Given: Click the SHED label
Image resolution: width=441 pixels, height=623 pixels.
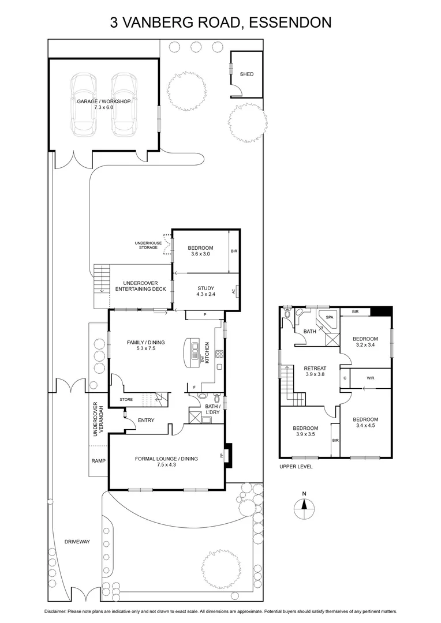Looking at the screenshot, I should pyautogui.click(x=246, y=74).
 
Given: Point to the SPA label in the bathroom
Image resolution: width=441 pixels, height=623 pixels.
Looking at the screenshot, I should pyautogui.click(x=330, y=318).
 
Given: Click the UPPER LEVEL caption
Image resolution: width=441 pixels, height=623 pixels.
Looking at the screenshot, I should pyautogui.click(x=296, y=467).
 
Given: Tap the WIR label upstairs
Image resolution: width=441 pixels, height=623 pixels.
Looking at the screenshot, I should pyautogui.click(x=371, y=378).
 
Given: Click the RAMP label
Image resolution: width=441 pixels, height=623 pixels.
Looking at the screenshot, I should pyautogui.click(x=98, y=461).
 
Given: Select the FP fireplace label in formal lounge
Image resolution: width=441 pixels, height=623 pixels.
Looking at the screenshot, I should pyautogui.click(x=222, y=456).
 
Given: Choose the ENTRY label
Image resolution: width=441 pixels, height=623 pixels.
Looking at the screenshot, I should pyautogui.click(x=145, y=420).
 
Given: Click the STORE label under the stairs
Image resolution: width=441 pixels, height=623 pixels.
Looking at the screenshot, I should pyautogui.click(x=126, y=399).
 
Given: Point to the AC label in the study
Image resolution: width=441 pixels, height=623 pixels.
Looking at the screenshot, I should pyautogui.click(x=233, y=291).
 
